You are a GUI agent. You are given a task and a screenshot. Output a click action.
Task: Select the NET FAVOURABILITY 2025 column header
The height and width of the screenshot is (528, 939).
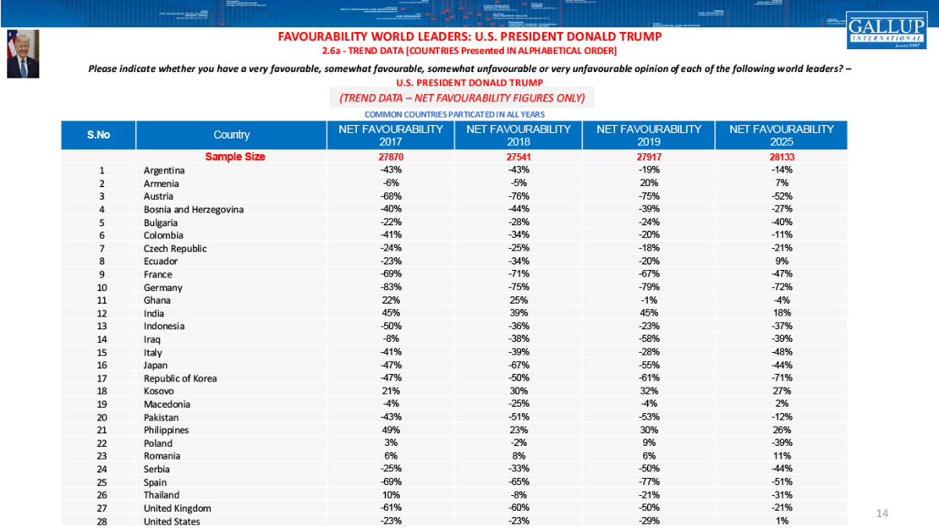pos(781,135)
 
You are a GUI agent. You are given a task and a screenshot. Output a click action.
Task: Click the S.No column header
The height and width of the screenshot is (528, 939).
pos(99,135)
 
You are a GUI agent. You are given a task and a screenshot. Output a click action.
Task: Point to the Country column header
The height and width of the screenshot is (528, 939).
pos(231,135)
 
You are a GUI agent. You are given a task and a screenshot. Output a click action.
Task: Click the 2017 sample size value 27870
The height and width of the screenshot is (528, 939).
pos(390,157)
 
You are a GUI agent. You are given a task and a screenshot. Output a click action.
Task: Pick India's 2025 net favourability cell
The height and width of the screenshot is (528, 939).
pos(781,313)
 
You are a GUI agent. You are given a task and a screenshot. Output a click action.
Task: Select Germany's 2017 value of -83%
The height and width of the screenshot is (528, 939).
pos(390,288)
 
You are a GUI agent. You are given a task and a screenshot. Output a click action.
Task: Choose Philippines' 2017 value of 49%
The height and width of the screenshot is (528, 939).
pos(390,430)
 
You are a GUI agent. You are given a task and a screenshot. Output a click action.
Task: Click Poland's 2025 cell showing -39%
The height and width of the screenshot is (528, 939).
pos(781,443)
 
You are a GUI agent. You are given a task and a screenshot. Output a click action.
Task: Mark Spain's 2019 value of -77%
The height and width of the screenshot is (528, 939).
pos(649,482)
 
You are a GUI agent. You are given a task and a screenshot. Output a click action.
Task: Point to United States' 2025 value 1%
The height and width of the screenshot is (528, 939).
pos(781,521)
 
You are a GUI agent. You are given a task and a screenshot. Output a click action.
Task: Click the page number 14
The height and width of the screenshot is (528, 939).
pos(882,514)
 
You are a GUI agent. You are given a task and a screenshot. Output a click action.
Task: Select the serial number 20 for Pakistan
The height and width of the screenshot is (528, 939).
pos(102,417)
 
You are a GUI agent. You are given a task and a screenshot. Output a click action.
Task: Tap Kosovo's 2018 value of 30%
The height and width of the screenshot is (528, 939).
pos(518,391)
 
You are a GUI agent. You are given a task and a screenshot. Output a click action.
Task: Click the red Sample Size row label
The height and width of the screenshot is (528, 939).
pos(235,157)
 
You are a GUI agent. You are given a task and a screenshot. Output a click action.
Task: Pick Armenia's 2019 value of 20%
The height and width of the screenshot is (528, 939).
pos(649,184)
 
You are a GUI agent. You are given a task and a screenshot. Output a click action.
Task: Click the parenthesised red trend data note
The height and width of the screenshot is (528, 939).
pos(462,98)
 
